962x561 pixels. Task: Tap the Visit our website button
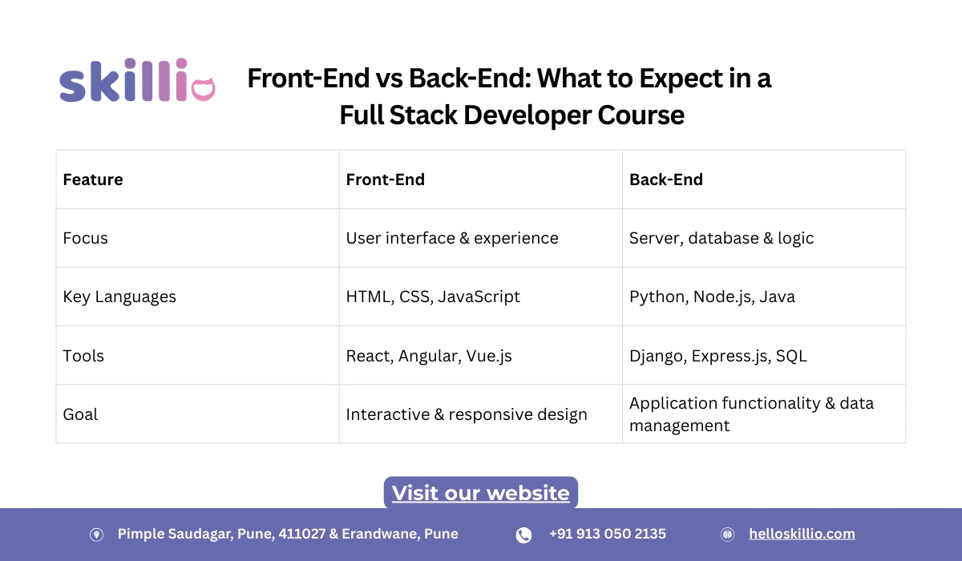(480, 492)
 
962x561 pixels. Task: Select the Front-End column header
(385, 180)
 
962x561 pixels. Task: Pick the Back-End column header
(665, 180)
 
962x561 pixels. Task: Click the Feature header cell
(93, 180)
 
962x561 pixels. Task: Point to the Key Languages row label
(119, 297)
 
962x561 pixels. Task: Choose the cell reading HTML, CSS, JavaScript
(433, 297)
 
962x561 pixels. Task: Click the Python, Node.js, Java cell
(712, 297)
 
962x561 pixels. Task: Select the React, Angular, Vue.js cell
(429, 356)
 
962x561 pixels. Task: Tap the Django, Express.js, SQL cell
(717, 356)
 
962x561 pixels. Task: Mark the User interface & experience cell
(452, 238)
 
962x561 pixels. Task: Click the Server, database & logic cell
(721, 238)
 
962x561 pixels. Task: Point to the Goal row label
(80, 414)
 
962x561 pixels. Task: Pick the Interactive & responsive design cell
(467, 414)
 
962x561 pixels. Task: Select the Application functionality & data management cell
(751, 414)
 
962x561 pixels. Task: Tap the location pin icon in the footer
(96, 535)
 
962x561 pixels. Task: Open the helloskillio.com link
(802, 534)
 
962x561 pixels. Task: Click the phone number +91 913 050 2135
(607, 534)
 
